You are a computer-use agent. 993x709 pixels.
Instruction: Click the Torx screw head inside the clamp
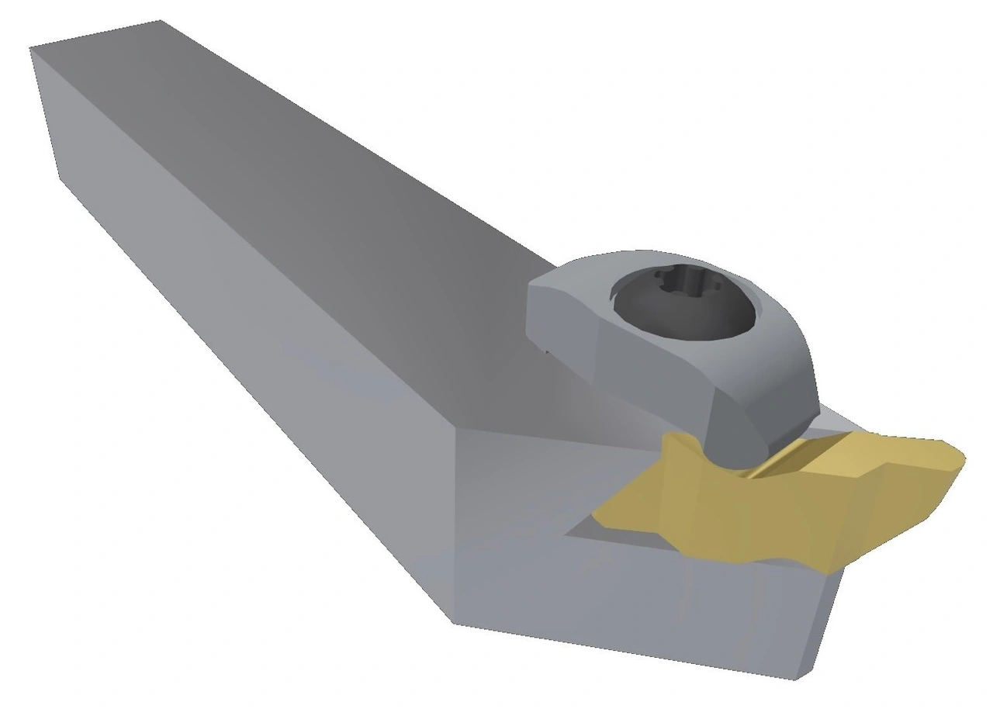pyautogui.click(x=683, y=307)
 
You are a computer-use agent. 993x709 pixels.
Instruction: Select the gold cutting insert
pyautogui.click(x=776, y=504)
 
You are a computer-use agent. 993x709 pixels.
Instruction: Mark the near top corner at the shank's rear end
pyautogui.click(x=31, y=48)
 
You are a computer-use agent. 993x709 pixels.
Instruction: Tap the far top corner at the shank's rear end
pyautogui.click(x=161, y=21)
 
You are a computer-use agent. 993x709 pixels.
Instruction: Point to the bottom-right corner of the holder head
pyautogui.click(x=796, y=680)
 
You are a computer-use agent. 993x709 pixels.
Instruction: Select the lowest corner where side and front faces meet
pyautogui.click(x=453, y=623)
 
